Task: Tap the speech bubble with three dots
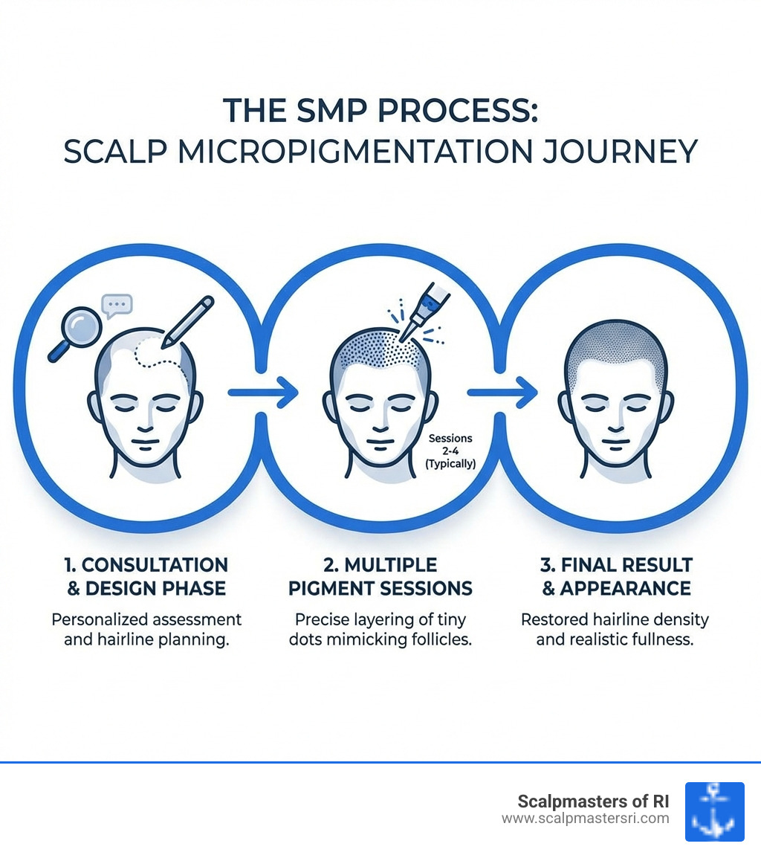coord(117,304)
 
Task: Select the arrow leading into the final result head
coord(502,392)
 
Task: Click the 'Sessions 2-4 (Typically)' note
coord(451,451)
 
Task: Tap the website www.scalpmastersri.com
coord(585,819)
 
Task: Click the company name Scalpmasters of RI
coord(592,801)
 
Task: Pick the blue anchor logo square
coord(714,811)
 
